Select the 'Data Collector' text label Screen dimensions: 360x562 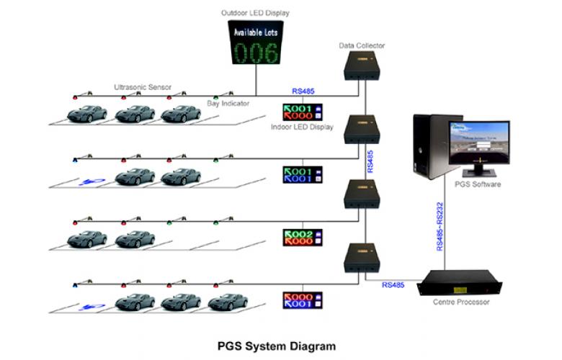click(362, 45)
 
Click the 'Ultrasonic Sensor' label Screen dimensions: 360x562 click(143, 87)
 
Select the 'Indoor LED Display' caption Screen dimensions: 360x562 click(302, 127)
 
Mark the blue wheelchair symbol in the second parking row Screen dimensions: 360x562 click(90, 181)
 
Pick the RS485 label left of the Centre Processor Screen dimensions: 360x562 click(393, 286)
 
